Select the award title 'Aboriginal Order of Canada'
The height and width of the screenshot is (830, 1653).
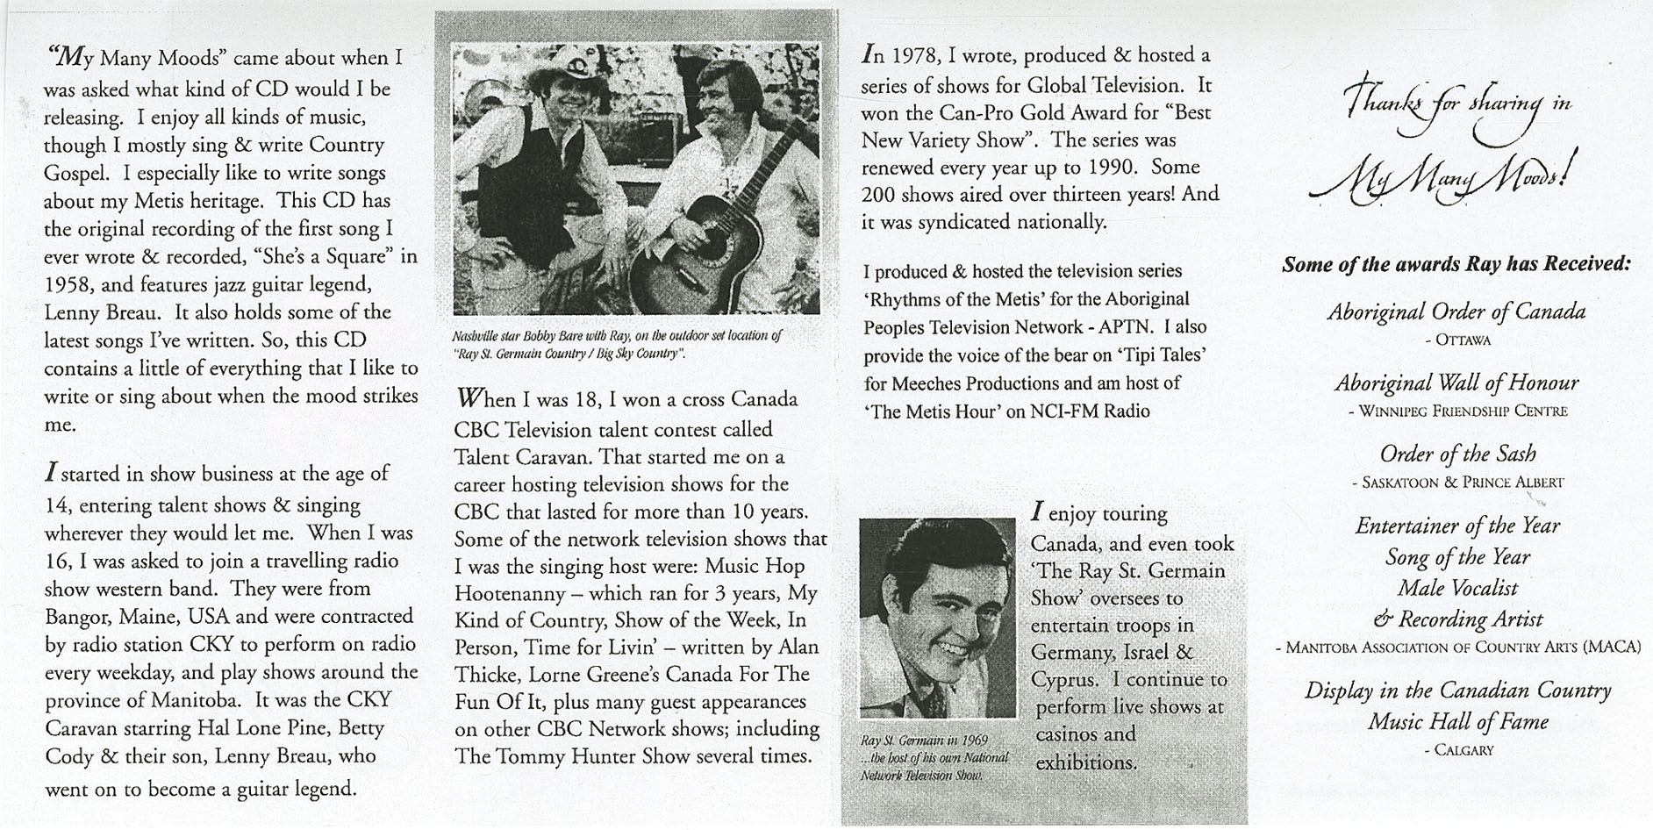coord(1456,312)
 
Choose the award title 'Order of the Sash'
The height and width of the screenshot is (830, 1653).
coord(1457,454)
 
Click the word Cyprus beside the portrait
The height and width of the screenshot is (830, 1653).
coord(1063,680)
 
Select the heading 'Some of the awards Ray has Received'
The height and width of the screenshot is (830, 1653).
coord(1456,264)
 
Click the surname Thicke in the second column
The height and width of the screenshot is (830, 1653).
coord(486,675)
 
